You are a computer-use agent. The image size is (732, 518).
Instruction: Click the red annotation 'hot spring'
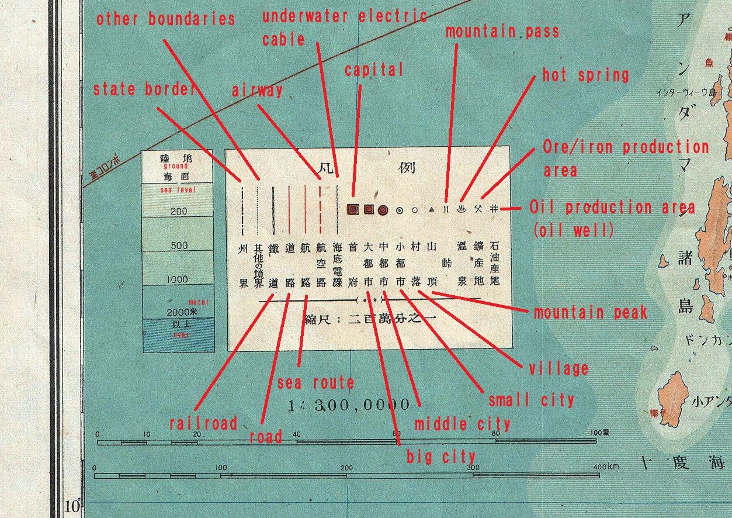(x=585, y=75)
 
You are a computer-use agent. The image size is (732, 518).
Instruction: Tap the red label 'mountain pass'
(x=502, y=32)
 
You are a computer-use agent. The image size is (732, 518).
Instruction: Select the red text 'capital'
(x=373, y=70)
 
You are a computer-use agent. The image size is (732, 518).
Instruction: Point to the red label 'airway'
(x=257, y=91)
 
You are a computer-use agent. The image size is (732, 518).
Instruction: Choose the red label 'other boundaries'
(x=165, y=19)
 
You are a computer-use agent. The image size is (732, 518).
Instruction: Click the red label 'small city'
(x=531, y=400)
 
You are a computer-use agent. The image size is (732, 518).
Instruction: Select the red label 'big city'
(x=441, y=456)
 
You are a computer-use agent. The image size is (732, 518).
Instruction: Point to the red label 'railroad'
(x=203, y=423)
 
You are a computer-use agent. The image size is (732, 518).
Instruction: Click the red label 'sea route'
(x=315, y=383)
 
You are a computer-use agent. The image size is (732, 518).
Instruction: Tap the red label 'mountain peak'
(x=590, y=312)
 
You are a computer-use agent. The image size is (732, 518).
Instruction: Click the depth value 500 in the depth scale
(x=179, y=246)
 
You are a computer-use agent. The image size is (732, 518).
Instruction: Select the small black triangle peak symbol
(x=432, y=209)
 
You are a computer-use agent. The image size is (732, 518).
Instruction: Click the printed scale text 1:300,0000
(x=349, y=405)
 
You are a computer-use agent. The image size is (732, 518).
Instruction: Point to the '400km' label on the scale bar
(x=605, y=468)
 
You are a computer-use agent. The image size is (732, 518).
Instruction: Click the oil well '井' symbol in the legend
(x=494, y=208)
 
